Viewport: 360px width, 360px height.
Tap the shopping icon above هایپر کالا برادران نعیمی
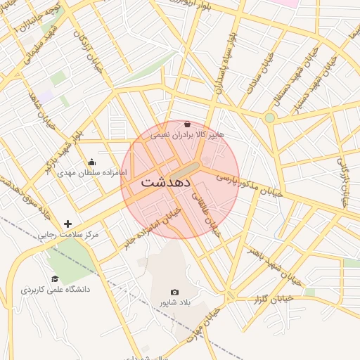(x=186, y=124)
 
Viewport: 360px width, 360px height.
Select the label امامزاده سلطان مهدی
(x=92, y=172)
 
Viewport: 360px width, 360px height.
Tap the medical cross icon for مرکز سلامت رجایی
(x=67, y=224)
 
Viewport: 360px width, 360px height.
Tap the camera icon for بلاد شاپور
(x=174, y=292)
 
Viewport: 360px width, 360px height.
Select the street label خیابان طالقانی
(x=209, y=215)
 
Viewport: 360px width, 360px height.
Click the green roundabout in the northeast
(x=269, y=117)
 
